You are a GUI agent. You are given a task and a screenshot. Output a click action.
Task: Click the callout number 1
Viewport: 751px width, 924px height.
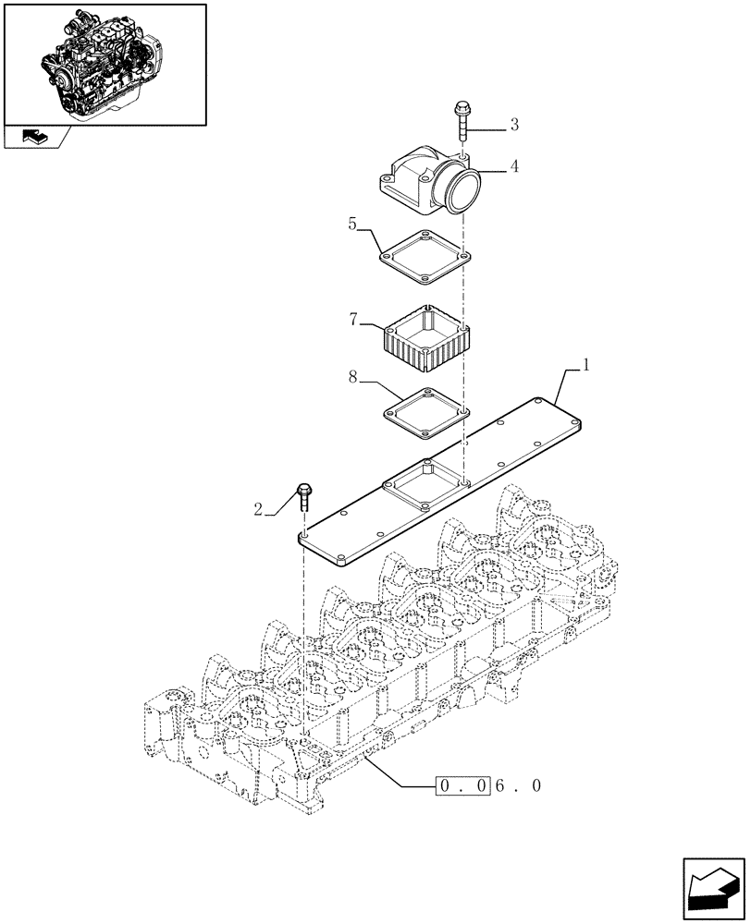(585, 367)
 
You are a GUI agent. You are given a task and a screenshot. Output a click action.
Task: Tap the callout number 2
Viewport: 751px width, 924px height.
(258, 509)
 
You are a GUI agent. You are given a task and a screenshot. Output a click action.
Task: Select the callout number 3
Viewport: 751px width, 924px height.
(513, 125)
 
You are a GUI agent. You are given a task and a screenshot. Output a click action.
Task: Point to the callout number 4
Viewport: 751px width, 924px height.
(513, 167)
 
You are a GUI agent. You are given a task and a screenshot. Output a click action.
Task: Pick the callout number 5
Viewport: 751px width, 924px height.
(352, 225)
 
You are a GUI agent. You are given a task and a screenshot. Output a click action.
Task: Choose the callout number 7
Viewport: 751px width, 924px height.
(352, 320)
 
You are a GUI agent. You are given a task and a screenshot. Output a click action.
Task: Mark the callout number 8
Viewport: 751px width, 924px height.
(352, 377)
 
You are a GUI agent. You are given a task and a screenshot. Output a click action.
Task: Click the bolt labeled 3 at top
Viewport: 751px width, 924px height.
(461, 121)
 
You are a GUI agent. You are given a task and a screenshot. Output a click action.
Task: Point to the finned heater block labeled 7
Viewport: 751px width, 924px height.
(425, 340)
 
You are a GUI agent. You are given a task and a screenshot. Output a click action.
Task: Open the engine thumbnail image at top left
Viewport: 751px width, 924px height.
(104, 63)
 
